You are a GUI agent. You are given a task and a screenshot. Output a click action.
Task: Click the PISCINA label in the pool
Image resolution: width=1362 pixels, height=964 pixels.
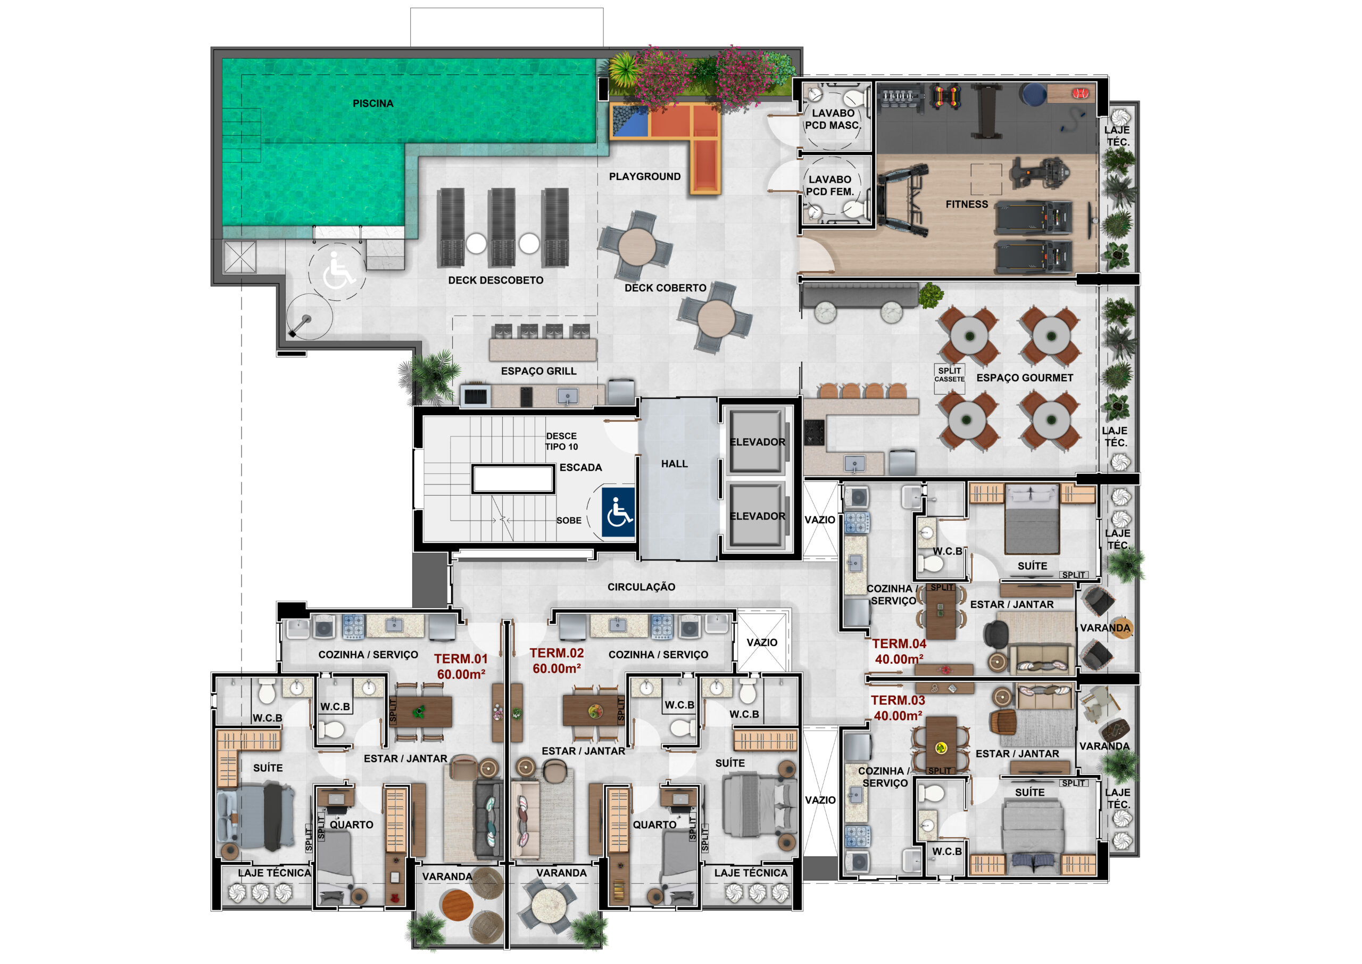pos(372,103)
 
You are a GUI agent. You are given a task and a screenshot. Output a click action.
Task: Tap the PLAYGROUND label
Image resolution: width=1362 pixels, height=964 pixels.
pos(644,176)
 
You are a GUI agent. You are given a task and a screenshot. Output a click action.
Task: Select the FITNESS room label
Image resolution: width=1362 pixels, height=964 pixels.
pos(966,204)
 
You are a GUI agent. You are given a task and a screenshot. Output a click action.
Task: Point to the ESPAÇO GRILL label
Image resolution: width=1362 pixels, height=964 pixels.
pos(538,371)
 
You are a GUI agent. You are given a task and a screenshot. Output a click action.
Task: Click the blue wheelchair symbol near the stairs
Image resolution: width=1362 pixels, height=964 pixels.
pos(618,512)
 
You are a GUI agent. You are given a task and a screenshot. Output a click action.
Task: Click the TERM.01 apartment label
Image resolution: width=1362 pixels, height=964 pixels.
pos(460,659)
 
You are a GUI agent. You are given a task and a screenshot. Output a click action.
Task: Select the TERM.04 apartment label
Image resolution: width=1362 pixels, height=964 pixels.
pos(899,644)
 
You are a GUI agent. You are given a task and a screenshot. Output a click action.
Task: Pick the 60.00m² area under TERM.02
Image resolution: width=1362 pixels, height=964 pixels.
pos(556,669)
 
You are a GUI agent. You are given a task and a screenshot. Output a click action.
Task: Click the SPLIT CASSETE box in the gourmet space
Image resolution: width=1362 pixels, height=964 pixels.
pos(949,378)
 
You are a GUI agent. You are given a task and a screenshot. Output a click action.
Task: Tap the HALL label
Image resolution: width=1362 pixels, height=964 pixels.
pos(675,464)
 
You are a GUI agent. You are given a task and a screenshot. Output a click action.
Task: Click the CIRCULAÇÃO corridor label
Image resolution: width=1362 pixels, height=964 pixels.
pos(641,587)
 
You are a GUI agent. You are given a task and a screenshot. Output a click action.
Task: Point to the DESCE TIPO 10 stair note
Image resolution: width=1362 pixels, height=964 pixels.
pos(561,441)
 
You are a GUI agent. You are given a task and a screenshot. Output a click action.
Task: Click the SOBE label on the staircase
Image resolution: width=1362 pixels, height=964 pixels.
pos(568,521)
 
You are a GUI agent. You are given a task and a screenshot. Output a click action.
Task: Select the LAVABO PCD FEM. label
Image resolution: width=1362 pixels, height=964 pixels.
pos(829,185)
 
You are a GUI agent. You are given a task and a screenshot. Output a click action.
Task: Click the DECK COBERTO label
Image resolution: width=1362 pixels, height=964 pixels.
pos(665,288)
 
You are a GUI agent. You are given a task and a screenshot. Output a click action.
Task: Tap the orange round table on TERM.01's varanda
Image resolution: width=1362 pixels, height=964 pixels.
pos(457,906)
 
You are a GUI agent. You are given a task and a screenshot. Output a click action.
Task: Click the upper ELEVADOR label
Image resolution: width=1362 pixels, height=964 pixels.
pos(757,442)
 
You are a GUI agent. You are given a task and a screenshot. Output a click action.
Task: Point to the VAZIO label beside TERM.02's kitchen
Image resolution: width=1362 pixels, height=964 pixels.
pos(762,642)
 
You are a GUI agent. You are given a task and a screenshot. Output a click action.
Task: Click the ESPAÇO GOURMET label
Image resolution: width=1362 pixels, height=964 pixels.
pos(1025,377)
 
